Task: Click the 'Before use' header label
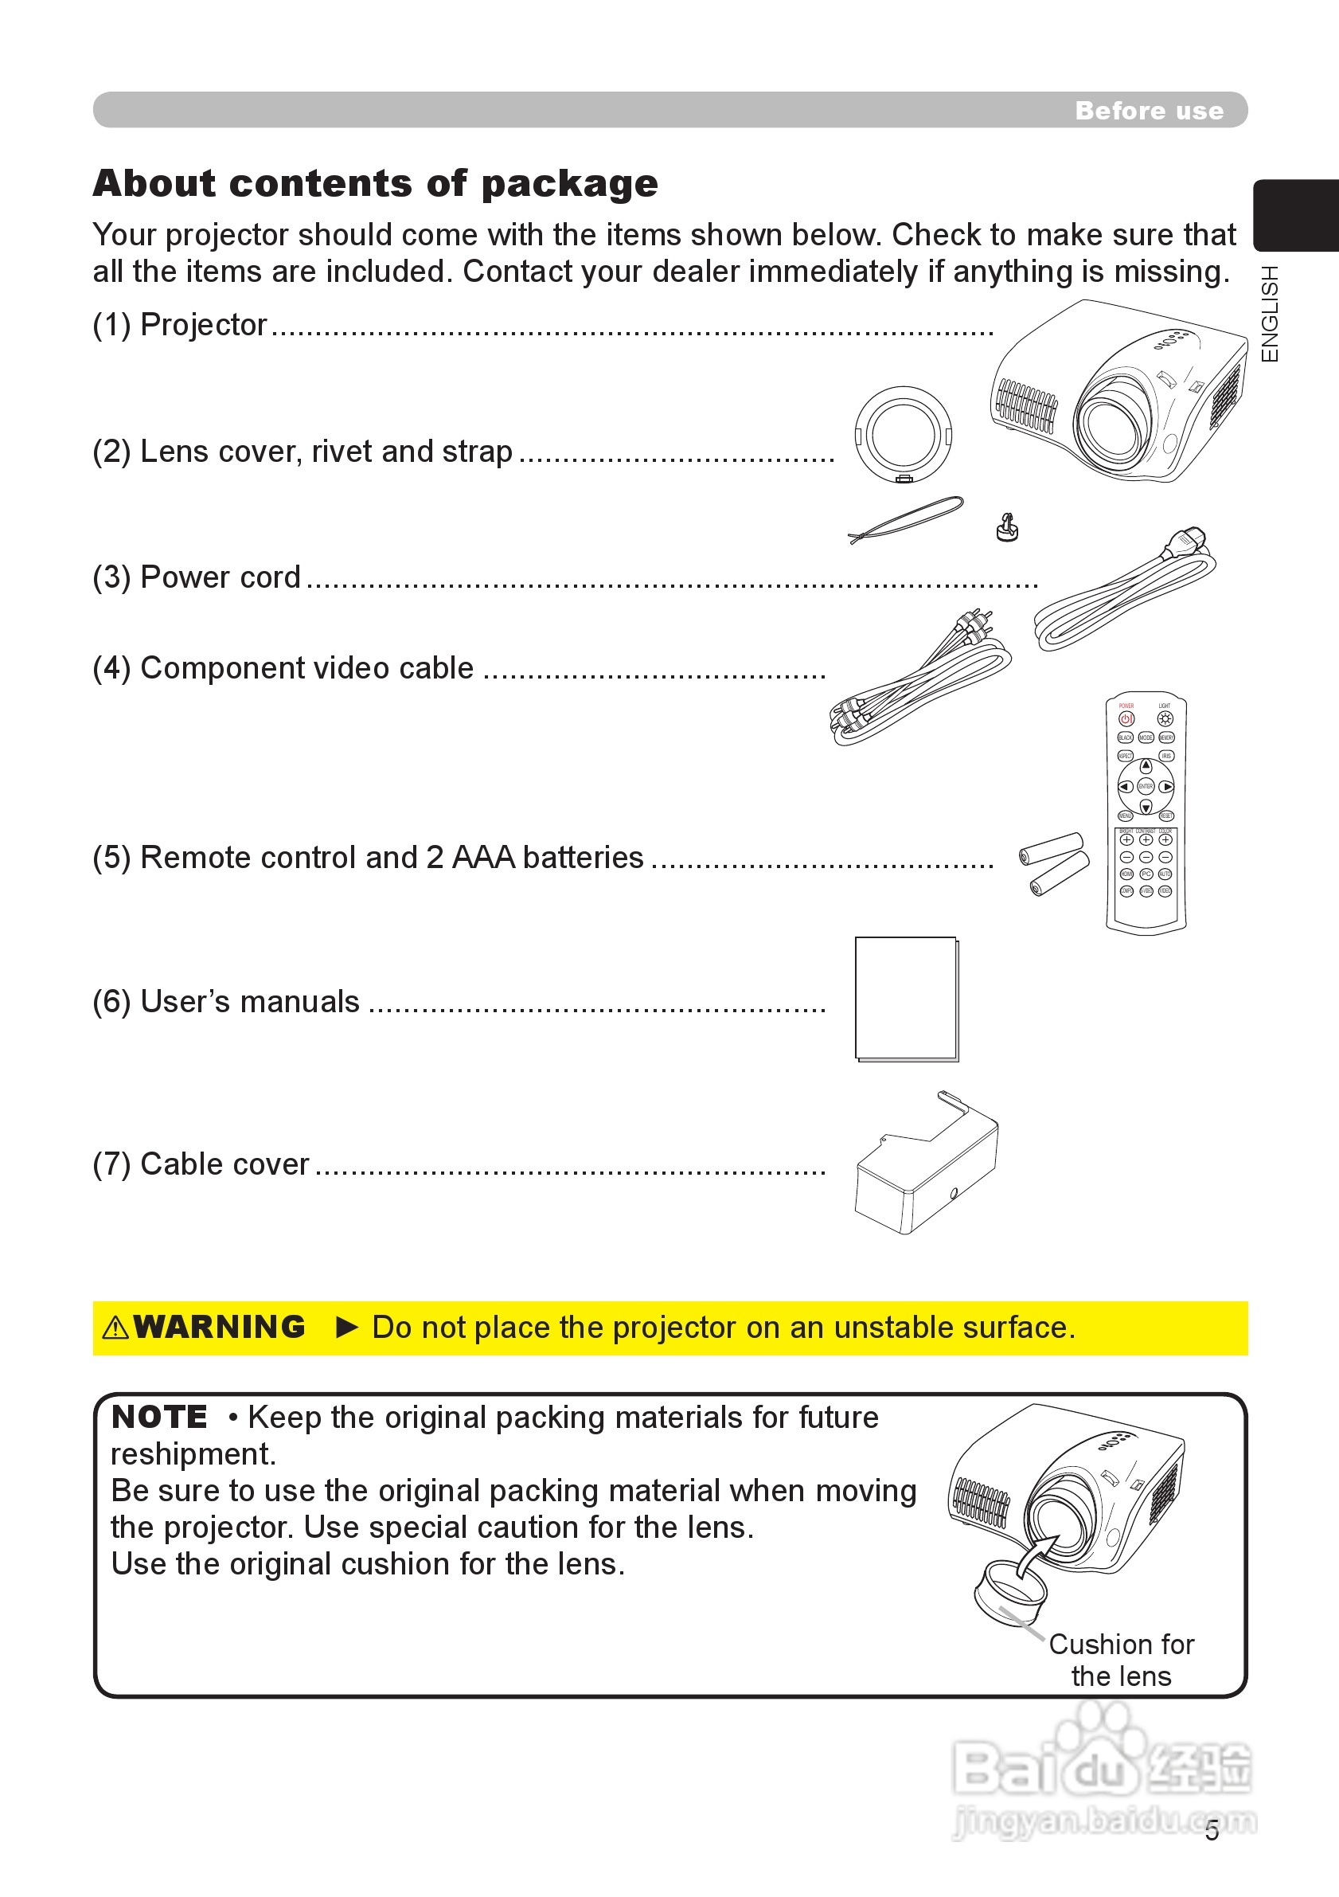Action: (1148, 111)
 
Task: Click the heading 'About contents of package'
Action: (375, 183)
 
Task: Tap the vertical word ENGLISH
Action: (1270, 313)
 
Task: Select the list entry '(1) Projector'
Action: (179, 325)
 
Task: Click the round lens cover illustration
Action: (903, 434)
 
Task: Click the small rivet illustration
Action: (1007, 526)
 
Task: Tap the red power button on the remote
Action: (1126, 719)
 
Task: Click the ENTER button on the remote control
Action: (1146, 787)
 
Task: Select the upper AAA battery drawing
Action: (1051, 847)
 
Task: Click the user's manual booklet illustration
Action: (906, 999)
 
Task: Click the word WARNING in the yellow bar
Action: (219, 1327)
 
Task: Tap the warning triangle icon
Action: (115, 1328)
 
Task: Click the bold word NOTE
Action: (158, 1417)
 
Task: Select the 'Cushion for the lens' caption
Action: (1121, 1660)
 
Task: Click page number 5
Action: (1212, 1831)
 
